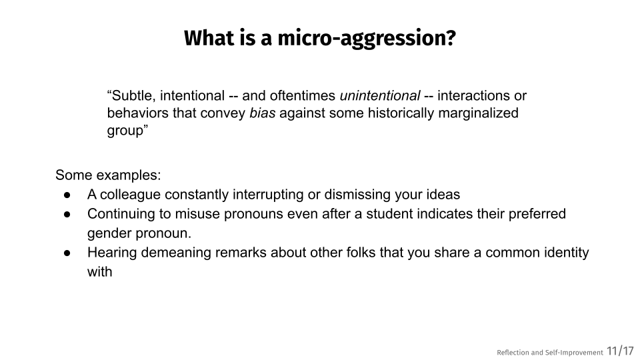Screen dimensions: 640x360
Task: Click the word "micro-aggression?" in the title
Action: (x=367, y=39)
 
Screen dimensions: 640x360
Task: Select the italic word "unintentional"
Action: (x=379, y=95)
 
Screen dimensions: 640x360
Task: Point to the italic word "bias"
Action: (x=263, y=113)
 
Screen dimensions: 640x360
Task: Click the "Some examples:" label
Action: (x=108, y=175)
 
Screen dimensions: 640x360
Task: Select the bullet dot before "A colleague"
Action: (x=67, y=195)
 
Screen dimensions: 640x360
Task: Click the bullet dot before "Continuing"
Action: (x=67, y=214)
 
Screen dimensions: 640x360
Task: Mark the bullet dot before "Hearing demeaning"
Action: (x=67, y=253)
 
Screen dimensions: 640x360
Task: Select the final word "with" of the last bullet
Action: (x=99, y=271)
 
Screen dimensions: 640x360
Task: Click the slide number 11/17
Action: (x=620, y=351)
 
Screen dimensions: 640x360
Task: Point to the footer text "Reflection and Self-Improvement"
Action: (x=550, y=352)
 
